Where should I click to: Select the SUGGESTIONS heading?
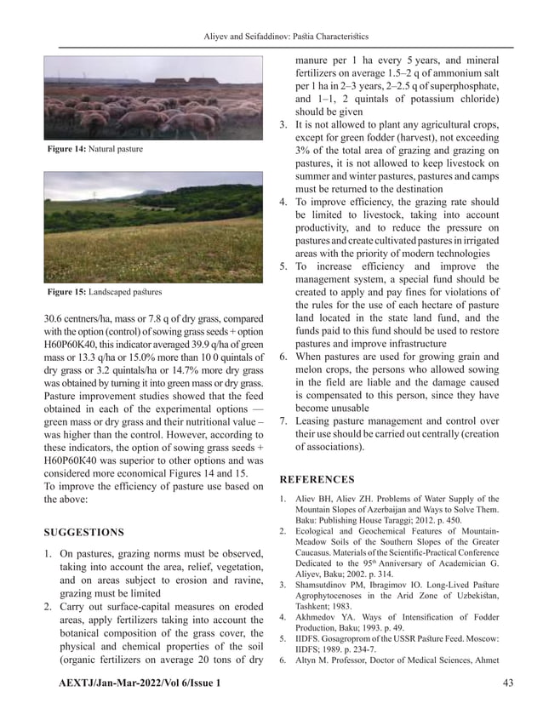(83, 533)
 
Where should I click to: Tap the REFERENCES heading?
(317, 480)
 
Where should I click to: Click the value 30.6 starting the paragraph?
(55, 319)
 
